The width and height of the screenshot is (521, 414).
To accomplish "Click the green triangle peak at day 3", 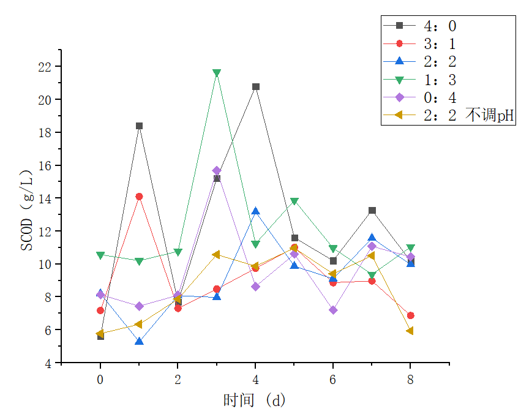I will pos(217,73).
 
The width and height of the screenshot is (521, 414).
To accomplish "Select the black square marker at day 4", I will pos(256,87).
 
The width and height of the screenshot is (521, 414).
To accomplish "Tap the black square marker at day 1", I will pos(139,126).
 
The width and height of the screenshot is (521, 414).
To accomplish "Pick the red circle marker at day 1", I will pos(139,197).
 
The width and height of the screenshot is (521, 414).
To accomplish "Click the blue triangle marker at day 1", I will pos(139,341).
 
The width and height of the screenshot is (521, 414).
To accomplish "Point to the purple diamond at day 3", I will pos(217,171).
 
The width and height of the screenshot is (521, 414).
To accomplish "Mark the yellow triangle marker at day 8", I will pos(410,331).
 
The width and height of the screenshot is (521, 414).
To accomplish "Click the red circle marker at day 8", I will pos(411,315).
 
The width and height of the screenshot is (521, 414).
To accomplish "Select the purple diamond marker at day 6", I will pos(333,310).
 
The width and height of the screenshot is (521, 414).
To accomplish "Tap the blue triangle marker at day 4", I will pos(256,211).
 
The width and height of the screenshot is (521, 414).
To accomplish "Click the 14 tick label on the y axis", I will pos(47,198).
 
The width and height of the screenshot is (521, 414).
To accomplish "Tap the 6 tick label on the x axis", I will pos(333,380).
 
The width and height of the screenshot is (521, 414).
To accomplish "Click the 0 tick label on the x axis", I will pos(100,380).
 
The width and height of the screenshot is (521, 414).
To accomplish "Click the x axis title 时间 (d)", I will pos(255,401).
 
